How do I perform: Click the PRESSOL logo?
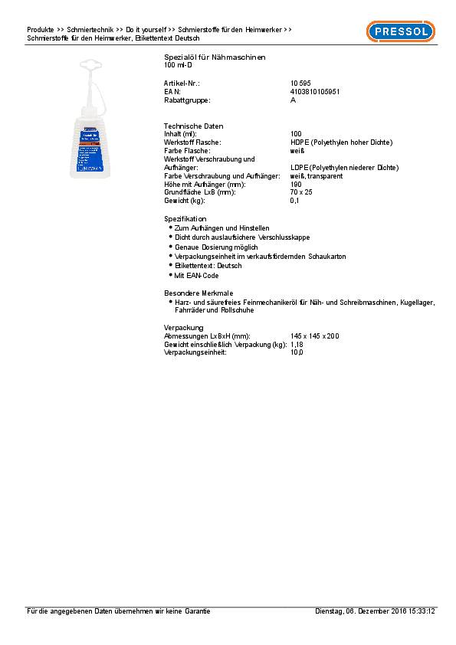pos(400,31)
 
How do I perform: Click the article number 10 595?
pos(300,82)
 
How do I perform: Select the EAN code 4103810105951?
pos(315,91)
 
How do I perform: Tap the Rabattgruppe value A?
pos(293,100)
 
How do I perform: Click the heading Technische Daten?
pos(193,126)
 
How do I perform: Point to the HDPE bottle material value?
pos(341,142)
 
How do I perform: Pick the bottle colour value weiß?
pos(297,150)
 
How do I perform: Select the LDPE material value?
pos(344,167)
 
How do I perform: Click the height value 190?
pos(296,184)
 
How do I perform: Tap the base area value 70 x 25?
pos(300,192)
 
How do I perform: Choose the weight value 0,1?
pos(294,201)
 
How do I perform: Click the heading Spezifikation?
pos(185,219)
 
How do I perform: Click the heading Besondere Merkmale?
pos(197,293)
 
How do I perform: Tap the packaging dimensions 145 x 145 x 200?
pos(314,336)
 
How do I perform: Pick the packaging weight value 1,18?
pos(297,344)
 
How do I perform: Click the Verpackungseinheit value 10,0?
pos(297,352)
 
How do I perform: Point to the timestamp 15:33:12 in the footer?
pos(420,611)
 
